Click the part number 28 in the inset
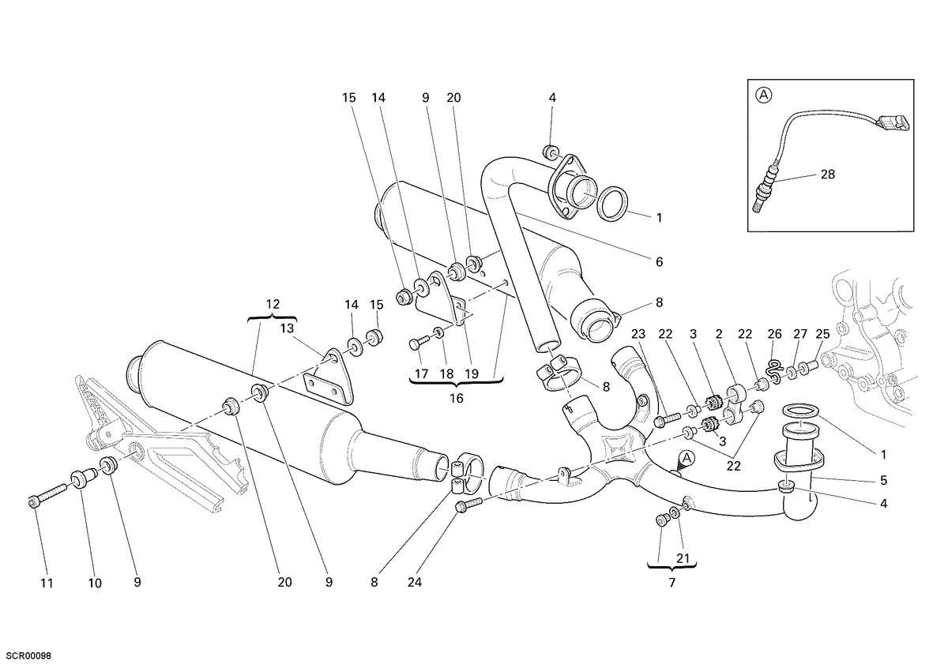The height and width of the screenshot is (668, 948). [x=828, y=175]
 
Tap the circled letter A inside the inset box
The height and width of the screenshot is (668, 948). [x=764, y=96]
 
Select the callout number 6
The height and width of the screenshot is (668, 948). [x=659, y=262]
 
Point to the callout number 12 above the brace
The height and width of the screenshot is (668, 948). [x=273, y=304]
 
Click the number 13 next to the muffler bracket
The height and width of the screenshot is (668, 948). [x=287, y=328]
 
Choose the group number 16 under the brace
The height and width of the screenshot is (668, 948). [x=457, y=398]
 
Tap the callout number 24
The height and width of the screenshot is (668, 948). [x=415, y=583]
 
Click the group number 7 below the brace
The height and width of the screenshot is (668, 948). [x=672, y=583]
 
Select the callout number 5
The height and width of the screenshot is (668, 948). [x=884, y=480]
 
